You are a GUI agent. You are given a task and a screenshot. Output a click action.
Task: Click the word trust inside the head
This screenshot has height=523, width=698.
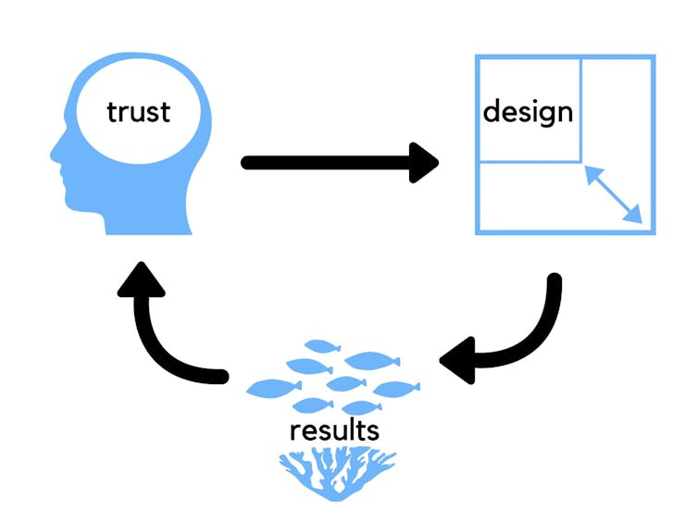(x=139, y=112)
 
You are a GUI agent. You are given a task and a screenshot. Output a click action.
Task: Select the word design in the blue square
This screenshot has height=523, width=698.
(x=528, y=112)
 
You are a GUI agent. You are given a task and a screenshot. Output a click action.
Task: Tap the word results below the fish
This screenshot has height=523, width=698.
(x=334, y=430)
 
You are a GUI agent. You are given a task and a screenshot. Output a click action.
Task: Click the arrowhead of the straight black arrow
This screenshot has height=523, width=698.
(x=425, y=162)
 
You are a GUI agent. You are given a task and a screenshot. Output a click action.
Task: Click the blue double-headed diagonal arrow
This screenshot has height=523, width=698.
(x=612, y=193)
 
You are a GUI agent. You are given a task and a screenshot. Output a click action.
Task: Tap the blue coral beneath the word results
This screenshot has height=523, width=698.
(x=337, y=471)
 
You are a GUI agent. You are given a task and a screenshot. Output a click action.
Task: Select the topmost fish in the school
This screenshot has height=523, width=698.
(x=322, y=346)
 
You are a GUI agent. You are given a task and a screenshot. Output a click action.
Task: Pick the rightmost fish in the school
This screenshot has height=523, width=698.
(x=396, y=388)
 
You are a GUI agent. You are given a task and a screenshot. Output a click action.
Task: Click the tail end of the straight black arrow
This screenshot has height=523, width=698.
(x=248, y=162)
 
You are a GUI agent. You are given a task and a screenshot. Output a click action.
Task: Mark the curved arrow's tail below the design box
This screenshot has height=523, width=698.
(x=554, y=280)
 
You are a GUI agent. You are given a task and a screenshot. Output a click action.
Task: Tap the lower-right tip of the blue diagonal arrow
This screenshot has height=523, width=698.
(x=638, y=219)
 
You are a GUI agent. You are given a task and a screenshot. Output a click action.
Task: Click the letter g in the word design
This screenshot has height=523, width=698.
(x=539, y=115)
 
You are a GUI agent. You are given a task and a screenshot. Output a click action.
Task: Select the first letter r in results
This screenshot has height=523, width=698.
(x=294, y=431)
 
